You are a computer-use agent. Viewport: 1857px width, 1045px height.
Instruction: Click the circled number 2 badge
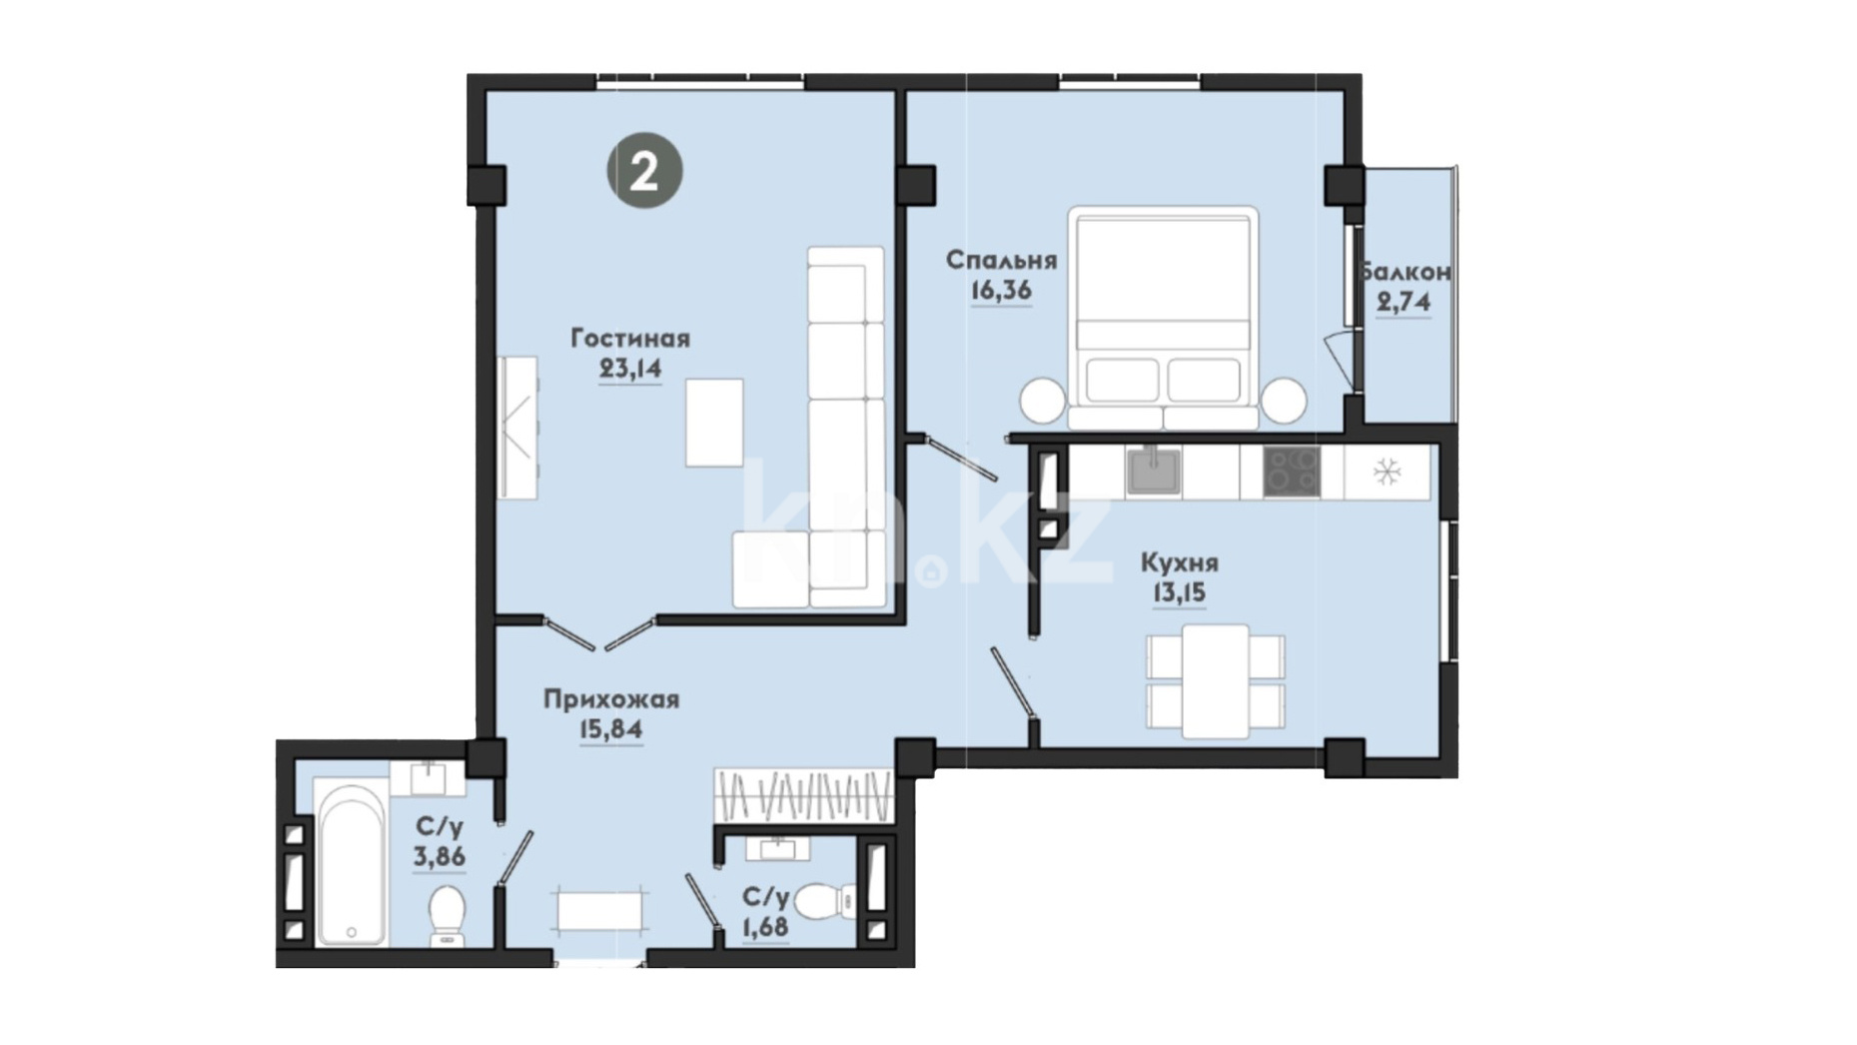tap(644, 171)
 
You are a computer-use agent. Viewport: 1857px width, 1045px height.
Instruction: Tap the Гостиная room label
tap(630, 339)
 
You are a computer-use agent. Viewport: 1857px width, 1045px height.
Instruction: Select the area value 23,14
tap(630, 369)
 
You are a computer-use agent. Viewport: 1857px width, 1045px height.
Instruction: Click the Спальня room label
tap(1001, 261)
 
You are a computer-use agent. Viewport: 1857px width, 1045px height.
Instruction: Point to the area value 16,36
tap(1001, 291)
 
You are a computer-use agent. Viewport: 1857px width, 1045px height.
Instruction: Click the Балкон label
tap(1404, 272)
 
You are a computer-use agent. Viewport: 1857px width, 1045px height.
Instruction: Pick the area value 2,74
tap(1403, 302)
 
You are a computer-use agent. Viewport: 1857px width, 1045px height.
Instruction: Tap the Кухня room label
tap(1180, 563)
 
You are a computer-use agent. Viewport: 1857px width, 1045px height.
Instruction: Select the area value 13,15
tap(1180, 593)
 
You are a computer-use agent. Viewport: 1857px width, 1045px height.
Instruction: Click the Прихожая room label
tap(611, 699)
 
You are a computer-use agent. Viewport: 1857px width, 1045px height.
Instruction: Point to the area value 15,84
tap(611, 730)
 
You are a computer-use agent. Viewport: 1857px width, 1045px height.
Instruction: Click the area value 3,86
tap(440, 857)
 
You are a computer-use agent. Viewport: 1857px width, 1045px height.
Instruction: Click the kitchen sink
tap(1154, 472)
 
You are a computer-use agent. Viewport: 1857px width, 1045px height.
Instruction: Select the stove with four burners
tap(1292, 472)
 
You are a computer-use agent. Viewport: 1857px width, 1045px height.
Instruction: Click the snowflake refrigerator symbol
tap(1388, 472)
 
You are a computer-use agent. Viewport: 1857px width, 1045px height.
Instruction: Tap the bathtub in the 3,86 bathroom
tap(351, 864)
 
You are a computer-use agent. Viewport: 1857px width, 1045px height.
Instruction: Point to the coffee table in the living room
tap(714, 423)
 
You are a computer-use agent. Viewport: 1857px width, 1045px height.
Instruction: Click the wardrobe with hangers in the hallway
tap(803, 796)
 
